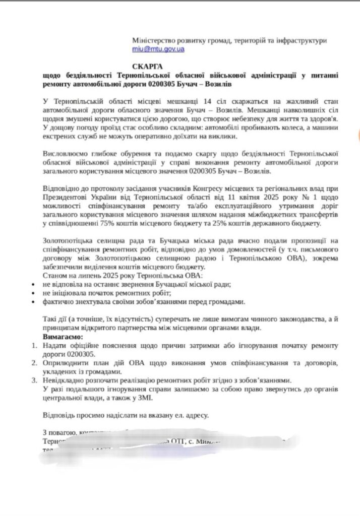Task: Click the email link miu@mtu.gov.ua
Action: tap(158, 49)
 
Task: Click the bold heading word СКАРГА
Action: tap(148, 66)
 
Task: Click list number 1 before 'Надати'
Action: tap(34, 345)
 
